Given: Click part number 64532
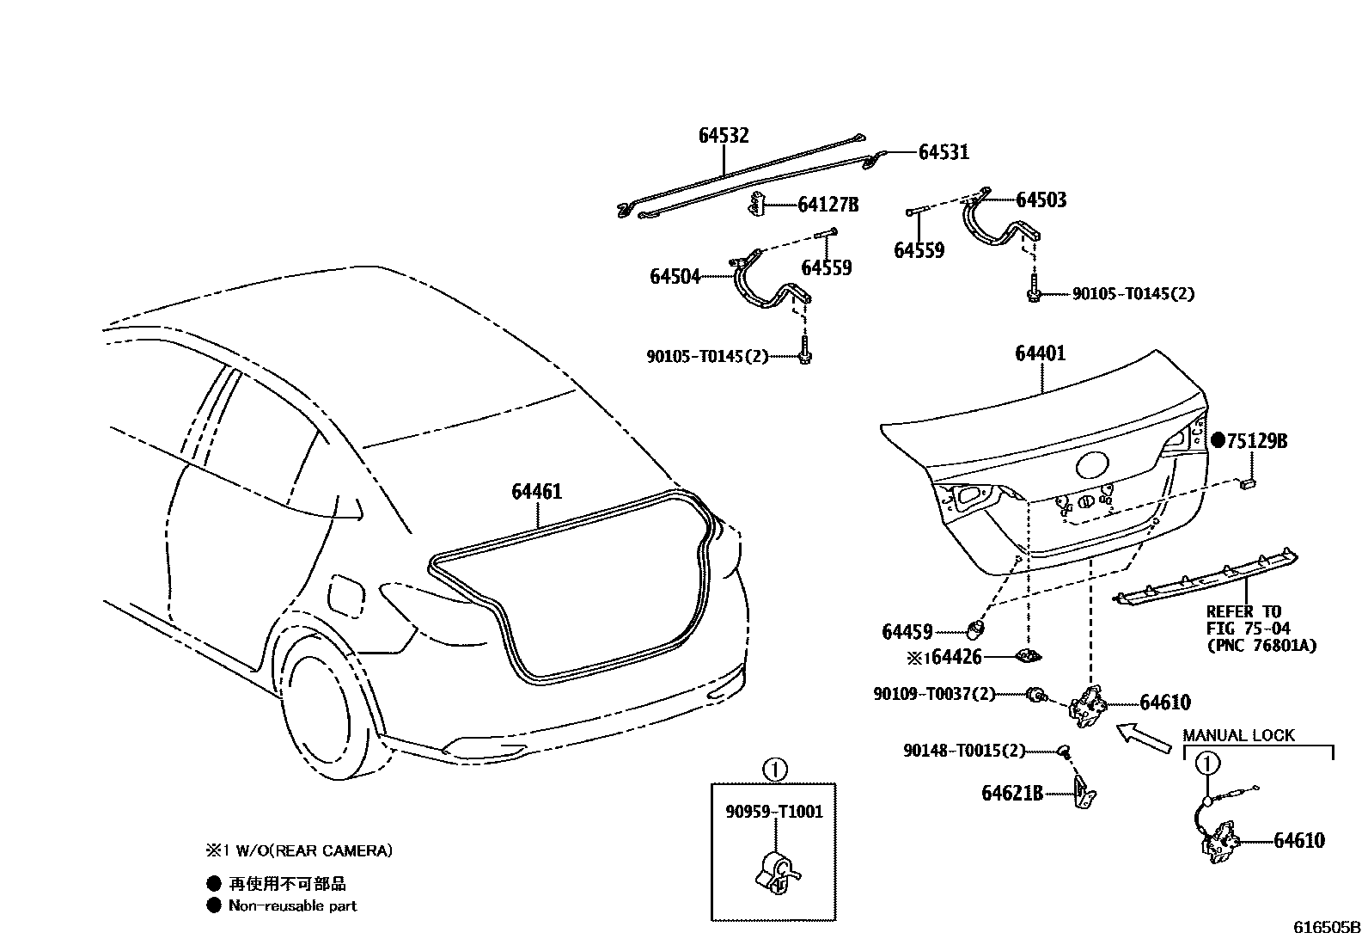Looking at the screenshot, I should [x=723, y=136].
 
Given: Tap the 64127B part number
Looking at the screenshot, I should [x=828, y=205].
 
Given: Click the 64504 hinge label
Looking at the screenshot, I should [x=675, y=277].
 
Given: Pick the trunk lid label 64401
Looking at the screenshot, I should [x=1040, y=353].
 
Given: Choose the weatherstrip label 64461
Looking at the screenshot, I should [x=536, y=492].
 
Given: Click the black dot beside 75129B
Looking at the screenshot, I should [x=1218, y=440].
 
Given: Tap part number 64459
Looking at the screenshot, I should [x=907, y=632].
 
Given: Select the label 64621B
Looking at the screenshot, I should [x=1011, y=793].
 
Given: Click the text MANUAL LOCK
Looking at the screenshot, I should [x=1238, y=736].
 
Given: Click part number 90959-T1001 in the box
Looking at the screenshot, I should [x=774, y=812].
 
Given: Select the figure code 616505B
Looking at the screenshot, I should [x=1328, y=928].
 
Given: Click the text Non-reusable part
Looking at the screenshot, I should [x=292, y=905].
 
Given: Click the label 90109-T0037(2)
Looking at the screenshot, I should [x=934, y=694].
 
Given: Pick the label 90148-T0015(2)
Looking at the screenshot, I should [x=964, y=751].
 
